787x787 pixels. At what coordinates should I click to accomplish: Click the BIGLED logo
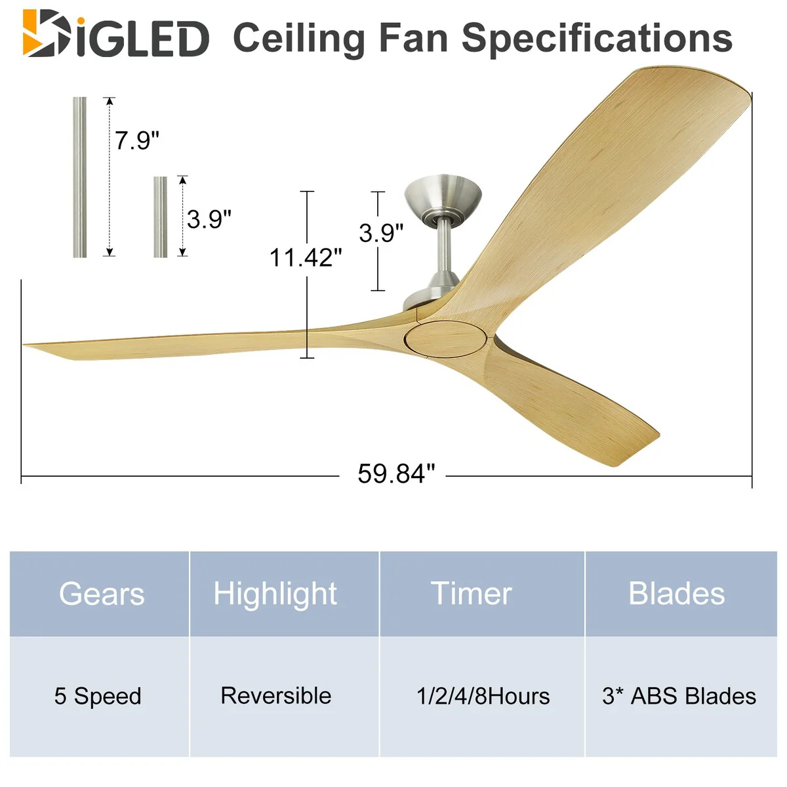(116, 33)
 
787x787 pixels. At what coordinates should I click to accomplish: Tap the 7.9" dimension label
(136, 140)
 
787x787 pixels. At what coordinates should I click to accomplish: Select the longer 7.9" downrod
(79, 177)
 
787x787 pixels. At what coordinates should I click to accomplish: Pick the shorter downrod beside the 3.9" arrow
(161, 217)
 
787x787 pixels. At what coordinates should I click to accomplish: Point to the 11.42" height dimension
(306, 258)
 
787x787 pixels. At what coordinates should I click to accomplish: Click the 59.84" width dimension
(396, 474)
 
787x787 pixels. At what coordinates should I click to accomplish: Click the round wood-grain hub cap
(445, 340)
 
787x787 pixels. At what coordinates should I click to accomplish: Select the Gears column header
(102, 594)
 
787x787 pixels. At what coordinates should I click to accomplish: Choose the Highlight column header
(275, 594)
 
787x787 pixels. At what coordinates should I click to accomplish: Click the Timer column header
(472, 594)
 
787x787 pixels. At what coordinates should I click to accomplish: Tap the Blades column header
(677, 594)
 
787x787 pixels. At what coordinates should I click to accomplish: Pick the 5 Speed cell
(98, 696)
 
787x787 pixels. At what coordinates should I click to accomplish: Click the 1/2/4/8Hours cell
(483, 696)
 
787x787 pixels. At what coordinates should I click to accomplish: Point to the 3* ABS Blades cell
(679, 696)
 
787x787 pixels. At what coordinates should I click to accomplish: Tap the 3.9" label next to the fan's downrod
(381, 233)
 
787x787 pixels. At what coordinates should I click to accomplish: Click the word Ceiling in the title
(298, 39)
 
